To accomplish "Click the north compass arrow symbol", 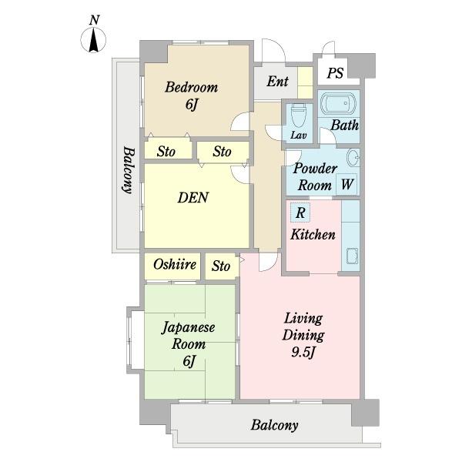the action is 93,40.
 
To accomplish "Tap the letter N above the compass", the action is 94,20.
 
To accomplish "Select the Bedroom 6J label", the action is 192,95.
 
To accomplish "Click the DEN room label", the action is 193,197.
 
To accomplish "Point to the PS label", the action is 335,73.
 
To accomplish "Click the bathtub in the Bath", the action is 338,104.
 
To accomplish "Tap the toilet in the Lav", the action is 298,115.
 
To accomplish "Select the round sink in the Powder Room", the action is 353,158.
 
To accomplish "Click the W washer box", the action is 346,184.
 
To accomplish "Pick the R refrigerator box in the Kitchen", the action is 300,213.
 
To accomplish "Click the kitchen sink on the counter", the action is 352,256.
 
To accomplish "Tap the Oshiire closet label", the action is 175,264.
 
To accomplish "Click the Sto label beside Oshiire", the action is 221,266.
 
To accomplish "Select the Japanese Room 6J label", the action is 189,344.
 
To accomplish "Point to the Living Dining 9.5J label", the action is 303,336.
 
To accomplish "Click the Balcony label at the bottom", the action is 274,425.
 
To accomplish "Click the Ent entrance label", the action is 277,82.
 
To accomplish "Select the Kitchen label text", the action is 313,235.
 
